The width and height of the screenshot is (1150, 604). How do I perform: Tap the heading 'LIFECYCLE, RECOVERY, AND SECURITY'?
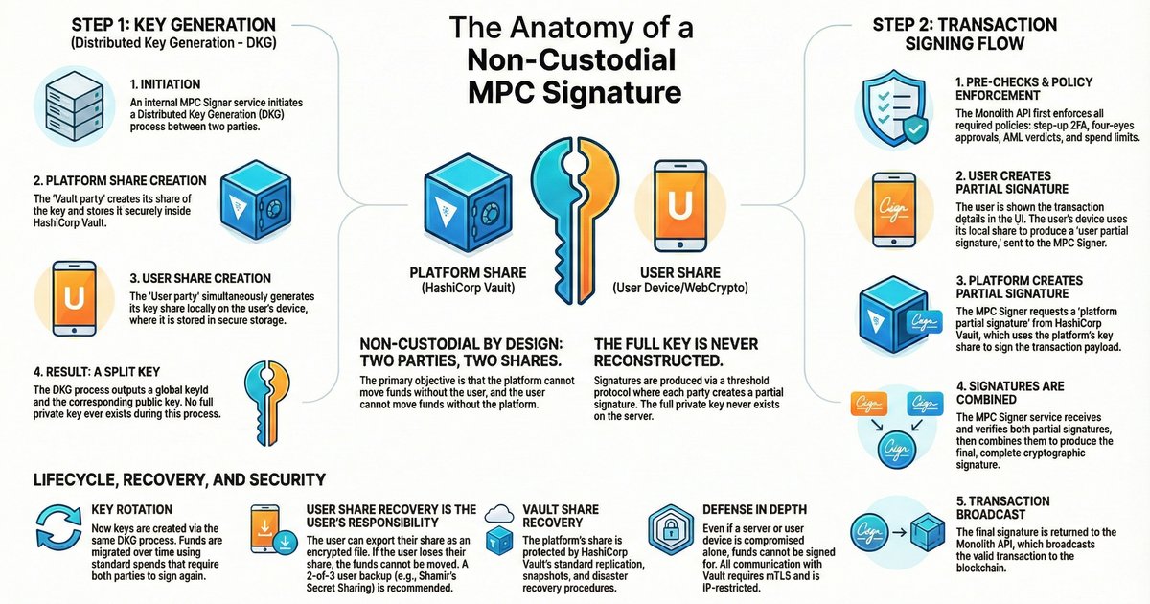178,478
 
